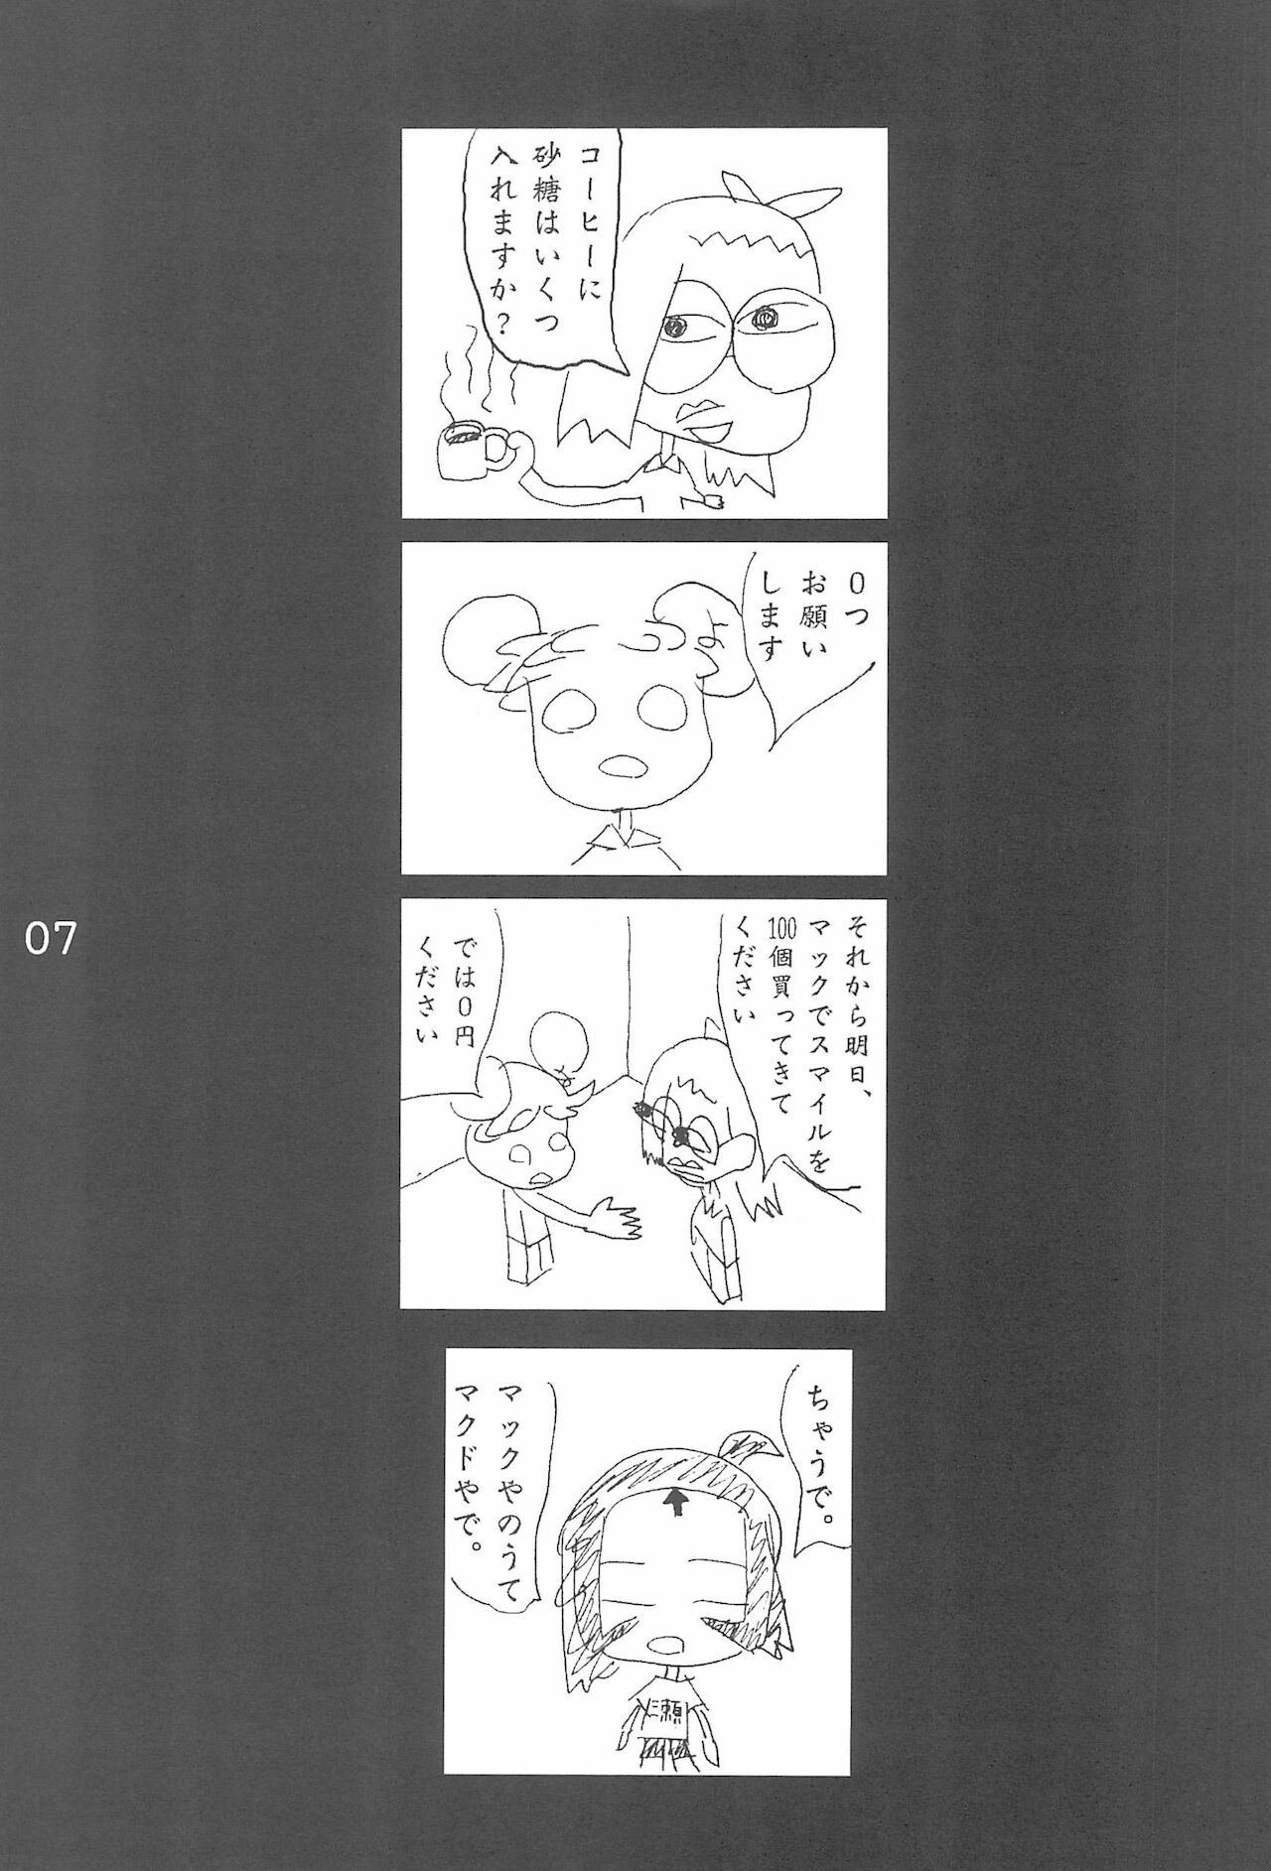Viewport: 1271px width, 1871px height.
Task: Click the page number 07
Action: tap(51, 938)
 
